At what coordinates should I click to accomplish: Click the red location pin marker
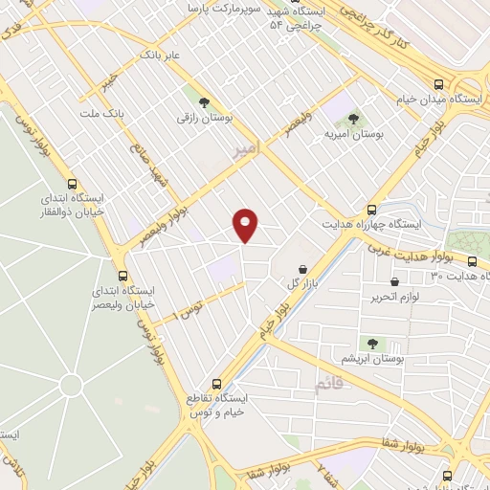coord(246,225)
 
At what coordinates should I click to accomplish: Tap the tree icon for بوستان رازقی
coord(203,100)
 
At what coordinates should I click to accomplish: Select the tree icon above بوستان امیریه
coord(353,119)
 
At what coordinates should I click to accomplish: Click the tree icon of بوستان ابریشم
coord(371,343)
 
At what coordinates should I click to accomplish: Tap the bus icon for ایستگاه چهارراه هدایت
coord(371,210)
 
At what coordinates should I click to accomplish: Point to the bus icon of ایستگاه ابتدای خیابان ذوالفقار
coord(72,185)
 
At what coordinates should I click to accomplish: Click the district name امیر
coord(246,149)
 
